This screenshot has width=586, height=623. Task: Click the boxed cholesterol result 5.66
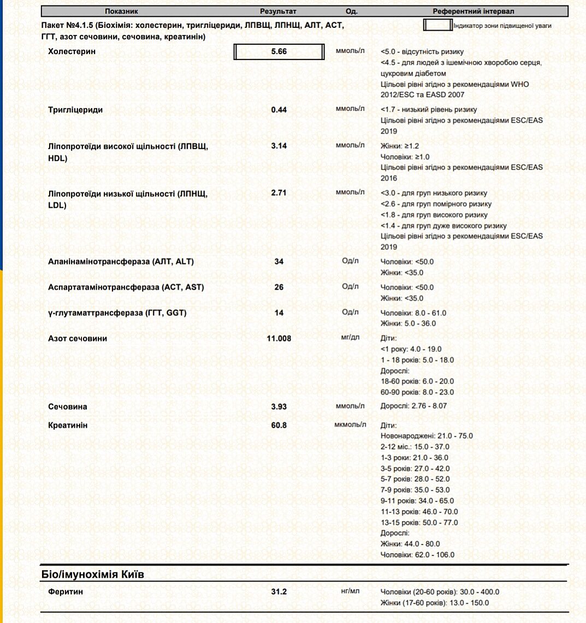[279, 52]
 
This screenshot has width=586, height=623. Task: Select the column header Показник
[121, 11]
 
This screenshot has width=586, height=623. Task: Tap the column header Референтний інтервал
[473, 11]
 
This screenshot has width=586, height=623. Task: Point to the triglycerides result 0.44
[279, 110]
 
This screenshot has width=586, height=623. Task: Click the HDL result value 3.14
[279, 146]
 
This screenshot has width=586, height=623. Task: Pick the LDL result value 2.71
[279, 193]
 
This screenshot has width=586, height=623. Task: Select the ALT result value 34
[279, 261]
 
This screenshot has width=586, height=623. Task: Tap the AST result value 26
[279, 287]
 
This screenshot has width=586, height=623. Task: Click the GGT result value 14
[279, 313]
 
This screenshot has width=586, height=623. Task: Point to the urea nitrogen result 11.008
[279, 338]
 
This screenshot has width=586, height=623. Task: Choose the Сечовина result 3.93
[279, 406]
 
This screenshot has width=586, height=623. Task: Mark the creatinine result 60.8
[279, 425]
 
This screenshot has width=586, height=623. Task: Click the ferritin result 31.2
[279, 591]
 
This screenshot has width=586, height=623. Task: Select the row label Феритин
[66, 591]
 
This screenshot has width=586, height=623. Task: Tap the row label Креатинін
[68, 425]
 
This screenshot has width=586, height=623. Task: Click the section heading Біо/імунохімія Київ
[93, 574]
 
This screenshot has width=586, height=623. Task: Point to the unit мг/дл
[350, 338]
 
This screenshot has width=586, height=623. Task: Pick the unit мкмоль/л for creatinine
[350, 424]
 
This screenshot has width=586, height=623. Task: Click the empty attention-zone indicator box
[437, 25]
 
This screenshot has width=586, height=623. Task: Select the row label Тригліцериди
[75, 110]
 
